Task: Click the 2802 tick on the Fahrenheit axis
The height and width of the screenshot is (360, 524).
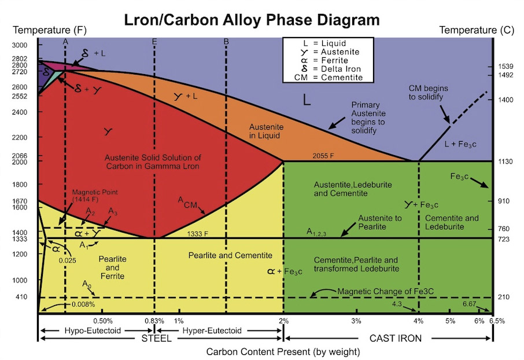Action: click(20, 58)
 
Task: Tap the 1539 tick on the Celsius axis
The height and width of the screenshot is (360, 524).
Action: click(505, 67)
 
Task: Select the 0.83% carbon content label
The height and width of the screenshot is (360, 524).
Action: click(154, 321)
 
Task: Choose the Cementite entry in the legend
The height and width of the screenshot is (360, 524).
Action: click(329, 78)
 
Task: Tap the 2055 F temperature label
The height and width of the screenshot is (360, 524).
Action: click(323, 156)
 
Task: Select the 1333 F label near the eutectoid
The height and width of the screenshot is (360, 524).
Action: click(197, 234)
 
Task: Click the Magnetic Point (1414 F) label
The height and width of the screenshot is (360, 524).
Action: click(95, 196)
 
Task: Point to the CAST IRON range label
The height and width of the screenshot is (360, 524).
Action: click(396, 338)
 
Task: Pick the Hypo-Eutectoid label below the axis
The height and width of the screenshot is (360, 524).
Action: click(93, 330)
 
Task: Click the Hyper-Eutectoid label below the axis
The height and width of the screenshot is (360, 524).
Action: click(212, 330)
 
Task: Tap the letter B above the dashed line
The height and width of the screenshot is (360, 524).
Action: click(226, 42)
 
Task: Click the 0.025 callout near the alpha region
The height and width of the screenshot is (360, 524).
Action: click(68, 260)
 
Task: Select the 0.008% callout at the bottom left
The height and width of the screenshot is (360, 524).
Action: click(83, 304)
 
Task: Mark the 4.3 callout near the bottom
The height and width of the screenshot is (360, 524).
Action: click(397, 304)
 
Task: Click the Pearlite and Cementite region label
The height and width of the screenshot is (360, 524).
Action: click(230, 256)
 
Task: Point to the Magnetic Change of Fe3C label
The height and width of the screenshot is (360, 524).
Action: click(385, 291)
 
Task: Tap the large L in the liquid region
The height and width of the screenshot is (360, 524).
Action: click(307, 100)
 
